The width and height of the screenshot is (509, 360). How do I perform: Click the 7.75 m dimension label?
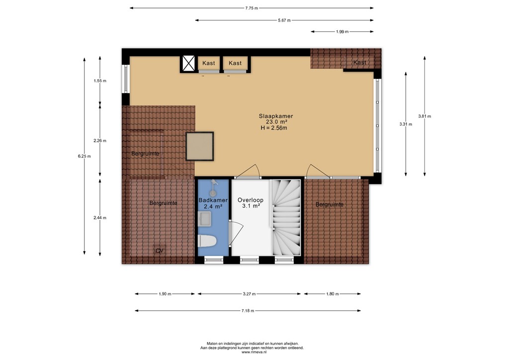[x=252, y=8]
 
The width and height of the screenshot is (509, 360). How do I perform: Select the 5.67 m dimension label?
[x=284, y=20]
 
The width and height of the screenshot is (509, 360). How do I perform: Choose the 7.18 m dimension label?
[x=247, y=311]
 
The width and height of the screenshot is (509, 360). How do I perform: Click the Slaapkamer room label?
[x=272, y=116]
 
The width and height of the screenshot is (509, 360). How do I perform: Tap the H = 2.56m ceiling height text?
[x=274, y=128]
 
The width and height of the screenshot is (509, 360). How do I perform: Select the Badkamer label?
[x=213, y=200]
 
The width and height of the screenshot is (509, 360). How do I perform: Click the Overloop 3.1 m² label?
[x=251, y=203]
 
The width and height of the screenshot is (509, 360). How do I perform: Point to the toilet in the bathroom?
[x=207, y=241]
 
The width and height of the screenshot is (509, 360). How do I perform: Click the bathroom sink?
[x=205, y=218]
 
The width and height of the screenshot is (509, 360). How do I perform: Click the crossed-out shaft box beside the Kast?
[x=188, y=64]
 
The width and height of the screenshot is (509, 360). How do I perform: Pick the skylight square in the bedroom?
[x=200, y=146]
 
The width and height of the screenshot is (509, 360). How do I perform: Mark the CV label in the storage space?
[x=159, y=251]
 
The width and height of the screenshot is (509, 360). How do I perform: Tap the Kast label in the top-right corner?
[x=360, y=63]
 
